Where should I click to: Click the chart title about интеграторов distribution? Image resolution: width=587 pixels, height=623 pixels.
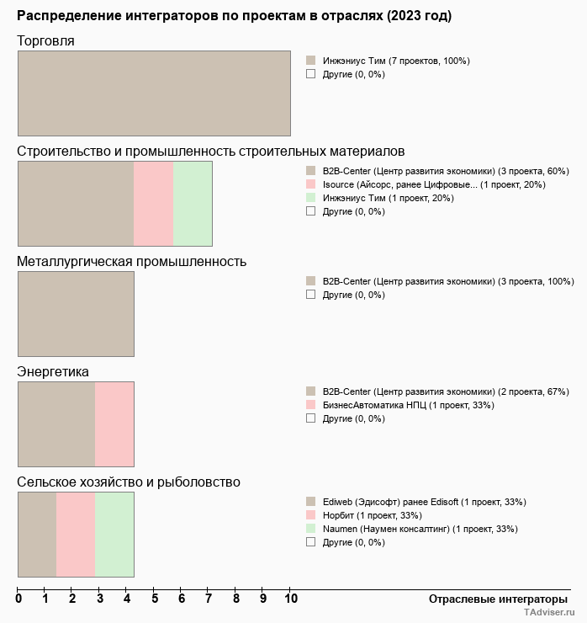[234, 16]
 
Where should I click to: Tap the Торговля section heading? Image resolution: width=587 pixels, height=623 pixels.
[45, 41]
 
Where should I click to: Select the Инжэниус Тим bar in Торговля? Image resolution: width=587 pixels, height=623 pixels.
[154, 93]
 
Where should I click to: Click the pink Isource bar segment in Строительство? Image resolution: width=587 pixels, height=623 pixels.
[153, 203]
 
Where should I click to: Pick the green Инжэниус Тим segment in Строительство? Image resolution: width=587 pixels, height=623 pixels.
[193, 203]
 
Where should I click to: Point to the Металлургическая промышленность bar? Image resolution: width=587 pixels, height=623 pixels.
[76, 313]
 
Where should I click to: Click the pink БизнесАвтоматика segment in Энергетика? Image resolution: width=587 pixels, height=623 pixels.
[114, 423]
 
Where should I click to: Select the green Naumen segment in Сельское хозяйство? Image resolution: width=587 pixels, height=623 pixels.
[114, 534]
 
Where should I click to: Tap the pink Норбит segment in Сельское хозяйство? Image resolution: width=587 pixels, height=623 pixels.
[76, 534]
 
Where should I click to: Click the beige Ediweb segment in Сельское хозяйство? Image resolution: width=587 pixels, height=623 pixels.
[37, 534]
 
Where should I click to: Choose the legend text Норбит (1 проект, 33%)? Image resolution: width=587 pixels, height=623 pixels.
[373, 515]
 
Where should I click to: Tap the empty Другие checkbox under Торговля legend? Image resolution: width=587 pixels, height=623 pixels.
[310, 74]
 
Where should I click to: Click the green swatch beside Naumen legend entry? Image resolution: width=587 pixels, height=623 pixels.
[310, 529]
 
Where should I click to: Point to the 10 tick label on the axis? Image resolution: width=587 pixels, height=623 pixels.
[290, 599]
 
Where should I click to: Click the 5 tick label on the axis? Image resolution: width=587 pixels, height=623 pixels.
[155, 599]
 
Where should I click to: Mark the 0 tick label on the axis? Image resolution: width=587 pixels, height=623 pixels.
[19, 599]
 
